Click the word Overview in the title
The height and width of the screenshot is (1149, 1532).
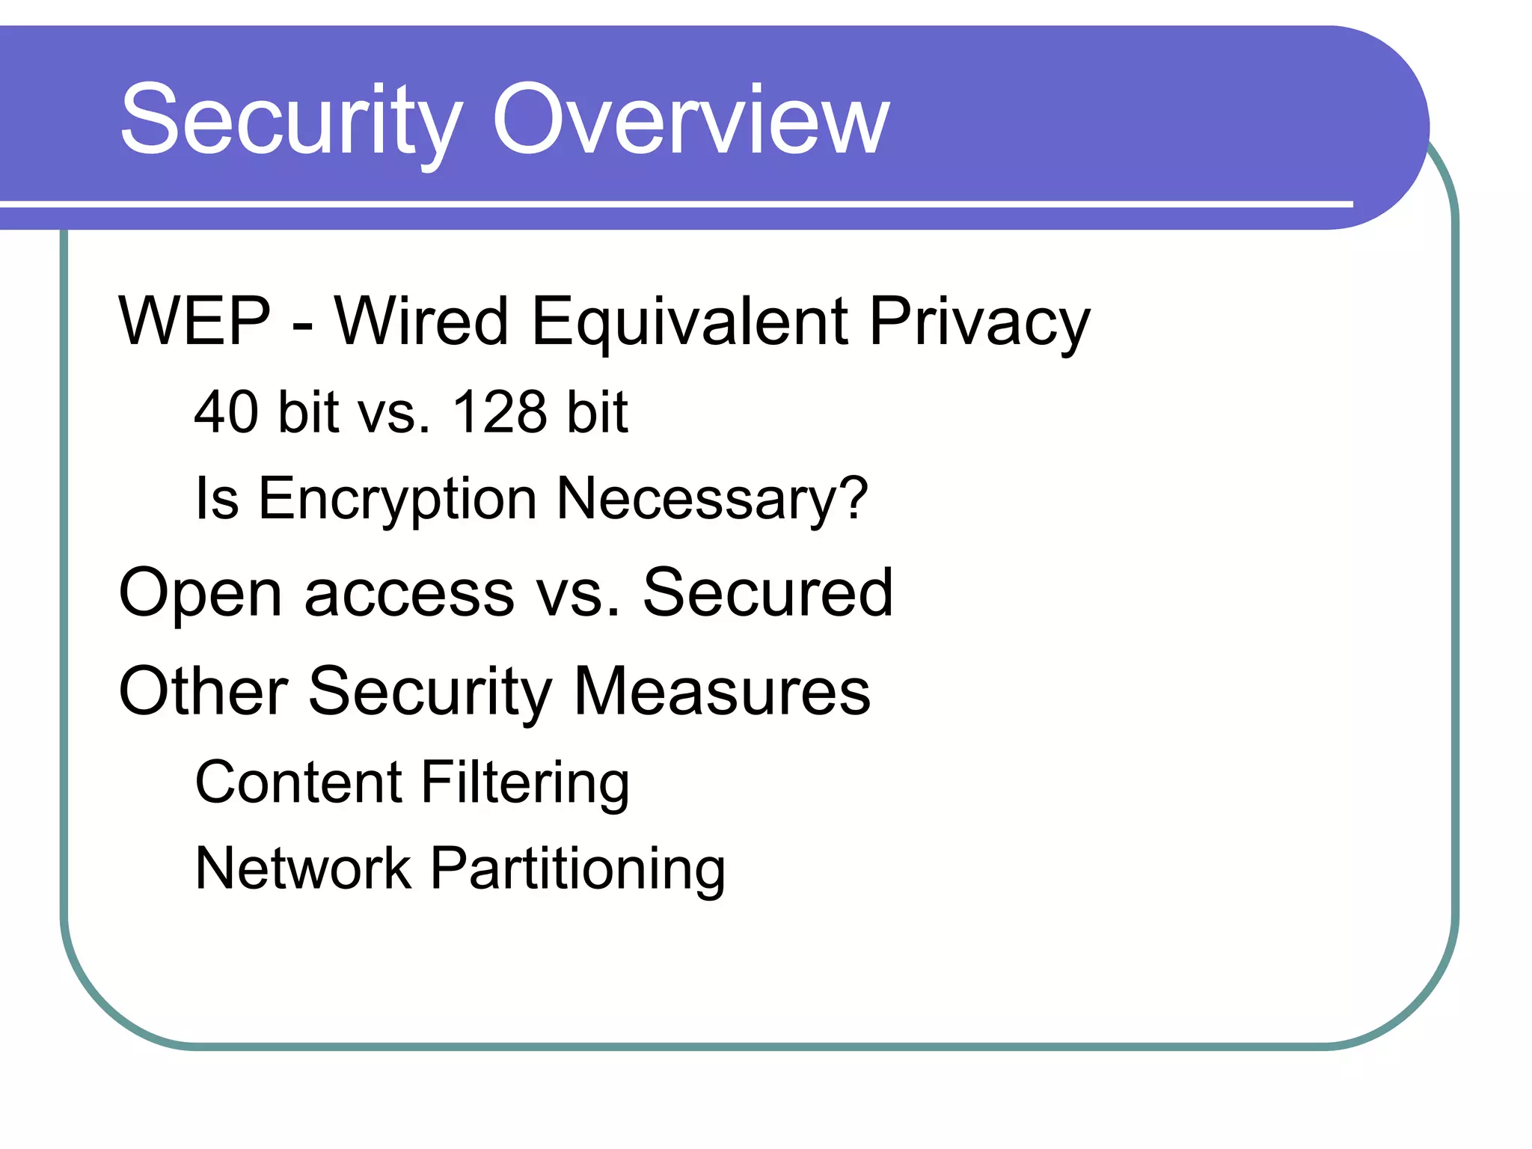[690, 121]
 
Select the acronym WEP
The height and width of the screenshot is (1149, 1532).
[194, 322]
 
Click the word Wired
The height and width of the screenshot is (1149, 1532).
[421, 322]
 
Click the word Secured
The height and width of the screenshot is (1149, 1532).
[767, 592]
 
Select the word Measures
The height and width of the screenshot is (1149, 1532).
[722, 691]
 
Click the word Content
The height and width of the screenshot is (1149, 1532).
[298, 782]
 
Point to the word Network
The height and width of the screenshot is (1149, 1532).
[303, 868]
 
